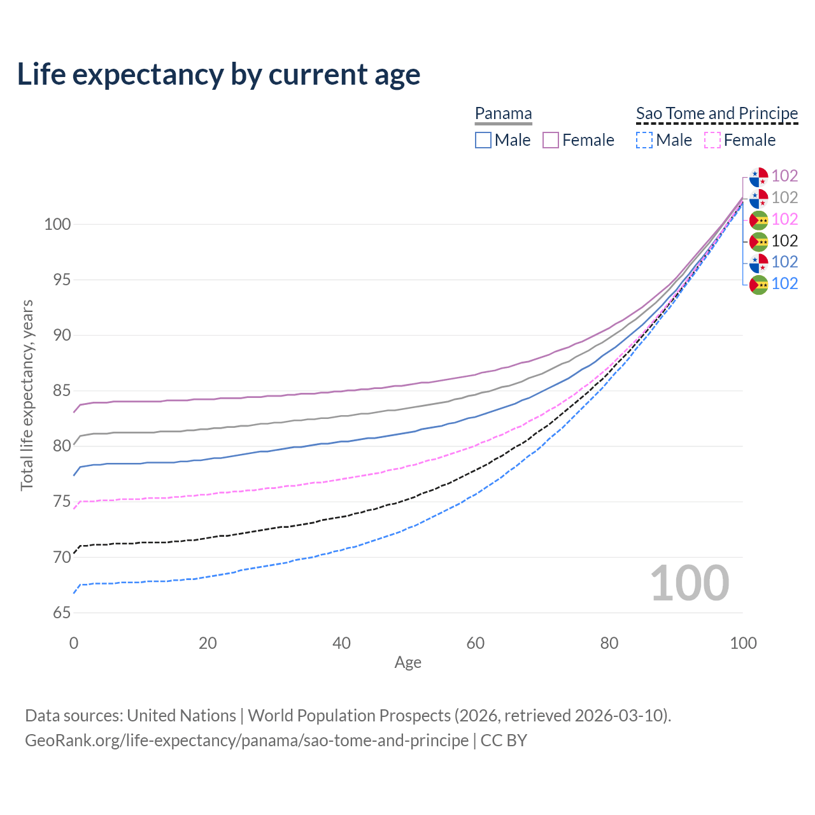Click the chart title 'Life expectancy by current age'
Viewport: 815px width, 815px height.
218,74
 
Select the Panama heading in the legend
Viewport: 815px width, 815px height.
503,113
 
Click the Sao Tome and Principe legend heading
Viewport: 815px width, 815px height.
717,113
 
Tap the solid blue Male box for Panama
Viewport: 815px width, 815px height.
483,140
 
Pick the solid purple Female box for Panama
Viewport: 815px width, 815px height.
551,140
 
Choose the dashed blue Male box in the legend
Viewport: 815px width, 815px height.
644,140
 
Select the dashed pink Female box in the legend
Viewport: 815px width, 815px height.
712,140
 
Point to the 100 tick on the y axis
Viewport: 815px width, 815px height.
57,224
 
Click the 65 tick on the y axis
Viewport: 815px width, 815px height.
62,613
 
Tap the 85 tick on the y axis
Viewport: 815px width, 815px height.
62,390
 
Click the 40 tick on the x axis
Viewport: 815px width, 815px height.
342,643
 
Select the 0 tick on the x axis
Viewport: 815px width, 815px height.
74,643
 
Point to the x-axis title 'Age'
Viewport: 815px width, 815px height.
407,662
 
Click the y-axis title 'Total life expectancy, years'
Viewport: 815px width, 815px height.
27,395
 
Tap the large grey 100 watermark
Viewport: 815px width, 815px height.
689,583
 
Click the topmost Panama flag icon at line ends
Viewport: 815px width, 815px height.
758,176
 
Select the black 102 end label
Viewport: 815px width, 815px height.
784,241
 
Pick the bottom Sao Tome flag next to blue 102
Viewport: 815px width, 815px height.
758,285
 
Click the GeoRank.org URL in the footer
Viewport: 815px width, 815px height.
246,741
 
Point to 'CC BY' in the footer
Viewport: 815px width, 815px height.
504,741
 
